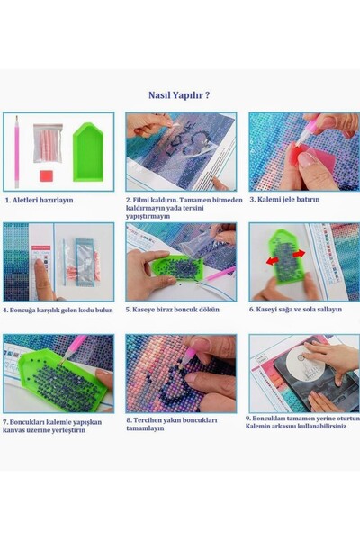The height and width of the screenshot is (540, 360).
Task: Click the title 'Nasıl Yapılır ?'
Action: click(x=179, y=94)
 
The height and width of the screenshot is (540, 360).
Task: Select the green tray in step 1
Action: click(x=87, y=149)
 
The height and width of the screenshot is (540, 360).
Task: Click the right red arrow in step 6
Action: click(x=299, y=254)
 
